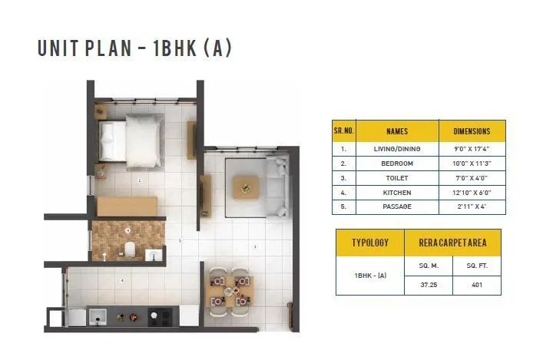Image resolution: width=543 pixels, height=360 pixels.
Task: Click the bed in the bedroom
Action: [x=131, y=137]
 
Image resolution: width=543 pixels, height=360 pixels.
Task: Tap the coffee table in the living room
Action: [x=246, y=185]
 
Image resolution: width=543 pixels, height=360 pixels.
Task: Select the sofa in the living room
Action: [x=276, y=185]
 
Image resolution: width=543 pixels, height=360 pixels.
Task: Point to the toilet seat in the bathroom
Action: [x=131, y=249]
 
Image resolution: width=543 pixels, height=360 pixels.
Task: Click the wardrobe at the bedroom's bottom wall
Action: [x=126, y=206]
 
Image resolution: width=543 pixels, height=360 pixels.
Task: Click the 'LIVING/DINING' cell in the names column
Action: [x=397, y=149]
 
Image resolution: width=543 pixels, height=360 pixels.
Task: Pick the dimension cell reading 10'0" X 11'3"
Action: [x=472, y=163]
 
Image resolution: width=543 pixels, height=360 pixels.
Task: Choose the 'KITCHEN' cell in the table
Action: [x=397, y=193]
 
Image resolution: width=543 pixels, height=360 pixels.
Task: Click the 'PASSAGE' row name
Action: [x=397, y=207]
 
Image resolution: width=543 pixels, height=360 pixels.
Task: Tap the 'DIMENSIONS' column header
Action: [x=472, y=131]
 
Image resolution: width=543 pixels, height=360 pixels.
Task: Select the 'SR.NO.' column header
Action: [x=343, y=131]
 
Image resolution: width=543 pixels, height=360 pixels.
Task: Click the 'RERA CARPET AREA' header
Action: [x=452, y=243]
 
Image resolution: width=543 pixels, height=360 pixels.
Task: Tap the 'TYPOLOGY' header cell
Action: [x=370, y=243]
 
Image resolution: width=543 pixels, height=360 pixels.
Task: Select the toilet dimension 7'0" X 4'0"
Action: [x=472, y=178]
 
